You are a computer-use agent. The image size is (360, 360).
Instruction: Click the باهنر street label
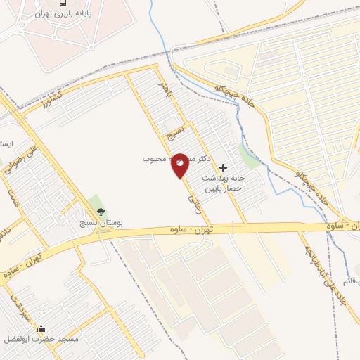click(x=165, y=89)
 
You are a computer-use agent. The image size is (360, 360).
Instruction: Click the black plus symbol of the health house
click(x=224, y=167)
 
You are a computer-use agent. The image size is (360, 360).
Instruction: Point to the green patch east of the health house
click(x=250, y=155)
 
